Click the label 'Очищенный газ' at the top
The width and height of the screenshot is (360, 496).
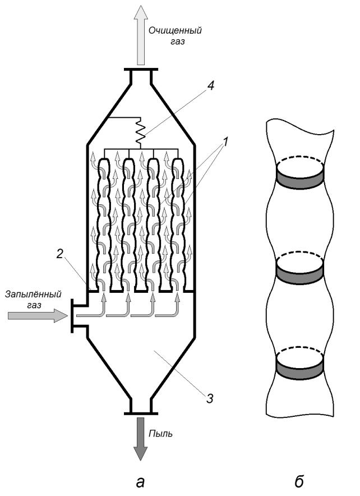(182, 35)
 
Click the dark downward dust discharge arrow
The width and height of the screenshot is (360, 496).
(140, 439)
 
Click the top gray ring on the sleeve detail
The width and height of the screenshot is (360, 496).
(299, 177)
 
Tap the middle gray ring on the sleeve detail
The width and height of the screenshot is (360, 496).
(299, 274)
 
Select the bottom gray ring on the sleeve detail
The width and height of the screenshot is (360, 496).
(299, 368)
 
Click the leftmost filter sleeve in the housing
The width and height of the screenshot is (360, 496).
(104, 224)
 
